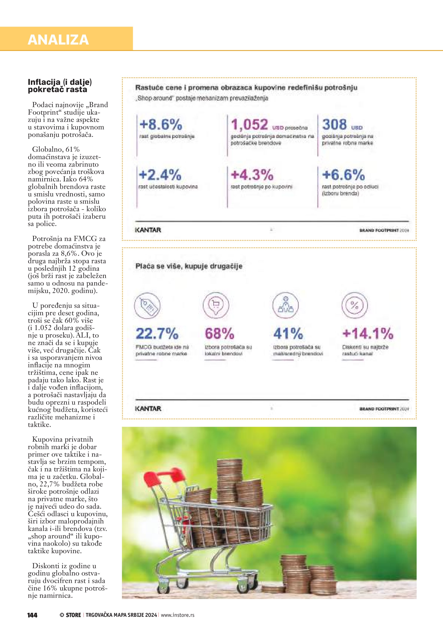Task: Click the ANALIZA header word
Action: coord(58,40)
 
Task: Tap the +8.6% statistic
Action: coord(161,125)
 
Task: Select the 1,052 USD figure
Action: coord(250,125)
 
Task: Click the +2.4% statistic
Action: coord(160,175)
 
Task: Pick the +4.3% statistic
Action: coord(252,175)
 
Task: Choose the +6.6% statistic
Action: coord(343,175)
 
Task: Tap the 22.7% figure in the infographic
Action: coord(157,333)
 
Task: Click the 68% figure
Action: coord(220,333)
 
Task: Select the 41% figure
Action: coord(288,333)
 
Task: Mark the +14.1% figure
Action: coord(368,333)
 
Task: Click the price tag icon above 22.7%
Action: coord(147,305)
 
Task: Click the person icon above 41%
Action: coord(285,305)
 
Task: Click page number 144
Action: coord(32,615)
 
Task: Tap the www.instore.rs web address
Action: coord(178,615)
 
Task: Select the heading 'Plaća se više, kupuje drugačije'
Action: coord(189,266)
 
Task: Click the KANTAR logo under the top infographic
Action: coord(148,230)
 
